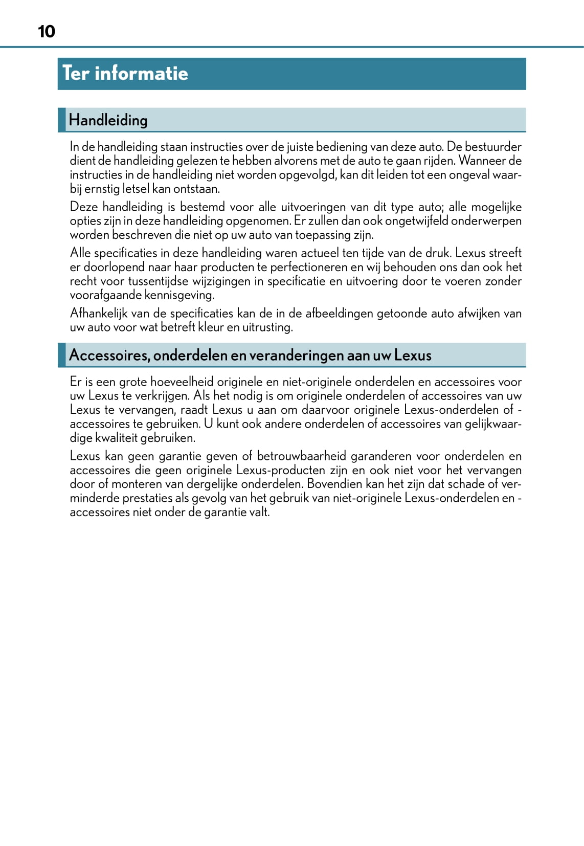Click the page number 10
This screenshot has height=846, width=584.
tap(47, 32)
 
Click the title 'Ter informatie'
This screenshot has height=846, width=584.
tap(125, 73)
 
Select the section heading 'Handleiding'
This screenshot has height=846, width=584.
tap(108, 120)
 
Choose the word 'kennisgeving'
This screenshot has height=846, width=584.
tap(179, 295)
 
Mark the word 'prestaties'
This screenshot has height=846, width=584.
tap(148, 498)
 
